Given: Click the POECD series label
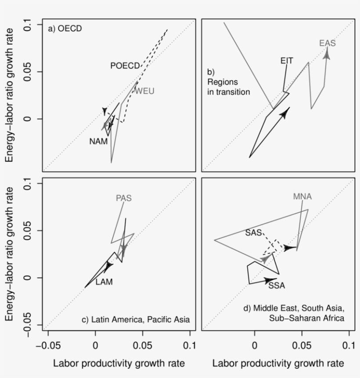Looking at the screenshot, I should (125, 66).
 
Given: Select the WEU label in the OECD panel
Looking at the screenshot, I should (144, 91).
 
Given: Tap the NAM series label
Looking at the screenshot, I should (98, 142).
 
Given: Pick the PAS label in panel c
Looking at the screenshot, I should (123, 198).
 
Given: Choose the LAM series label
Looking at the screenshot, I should (104, 282).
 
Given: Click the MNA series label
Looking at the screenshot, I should (302, 196).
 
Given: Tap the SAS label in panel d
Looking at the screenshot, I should (253, 233).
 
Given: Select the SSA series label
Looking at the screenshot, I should (277, 286).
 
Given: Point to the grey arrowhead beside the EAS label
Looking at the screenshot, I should (327, 53).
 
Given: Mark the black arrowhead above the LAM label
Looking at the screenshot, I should (108, 266).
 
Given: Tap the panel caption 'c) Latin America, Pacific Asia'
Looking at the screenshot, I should (136, 320).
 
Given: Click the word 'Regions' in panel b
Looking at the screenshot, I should (222, 82).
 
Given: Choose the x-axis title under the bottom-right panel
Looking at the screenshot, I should (278, 364).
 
